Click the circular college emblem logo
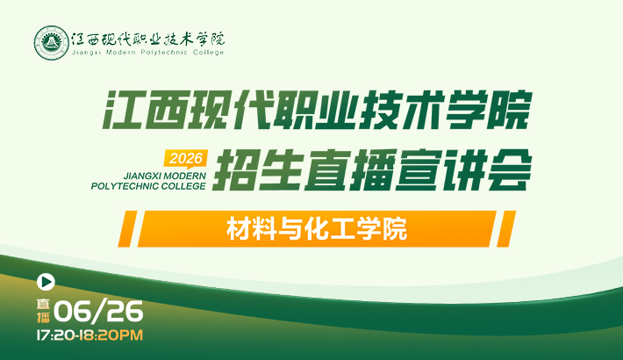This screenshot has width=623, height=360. (51, 43)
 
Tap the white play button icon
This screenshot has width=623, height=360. (46, 282)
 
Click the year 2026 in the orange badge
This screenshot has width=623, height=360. (186, 158)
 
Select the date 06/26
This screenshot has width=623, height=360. (98, 311)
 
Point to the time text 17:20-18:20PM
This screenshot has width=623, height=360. (90, 335)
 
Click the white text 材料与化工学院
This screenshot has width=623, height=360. (317, 228)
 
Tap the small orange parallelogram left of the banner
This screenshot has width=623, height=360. (127, 228)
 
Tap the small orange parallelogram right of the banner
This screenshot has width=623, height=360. (506, 228)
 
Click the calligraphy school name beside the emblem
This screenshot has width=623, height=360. (147, 40)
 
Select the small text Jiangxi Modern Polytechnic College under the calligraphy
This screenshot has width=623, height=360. (147, 53)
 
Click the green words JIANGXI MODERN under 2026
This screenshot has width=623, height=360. (165, 176)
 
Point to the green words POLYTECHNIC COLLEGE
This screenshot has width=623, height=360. (148, 186)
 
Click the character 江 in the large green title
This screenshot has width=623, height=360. (122, 110)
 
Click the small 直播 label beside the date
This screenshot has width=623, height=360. (43, 311)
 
